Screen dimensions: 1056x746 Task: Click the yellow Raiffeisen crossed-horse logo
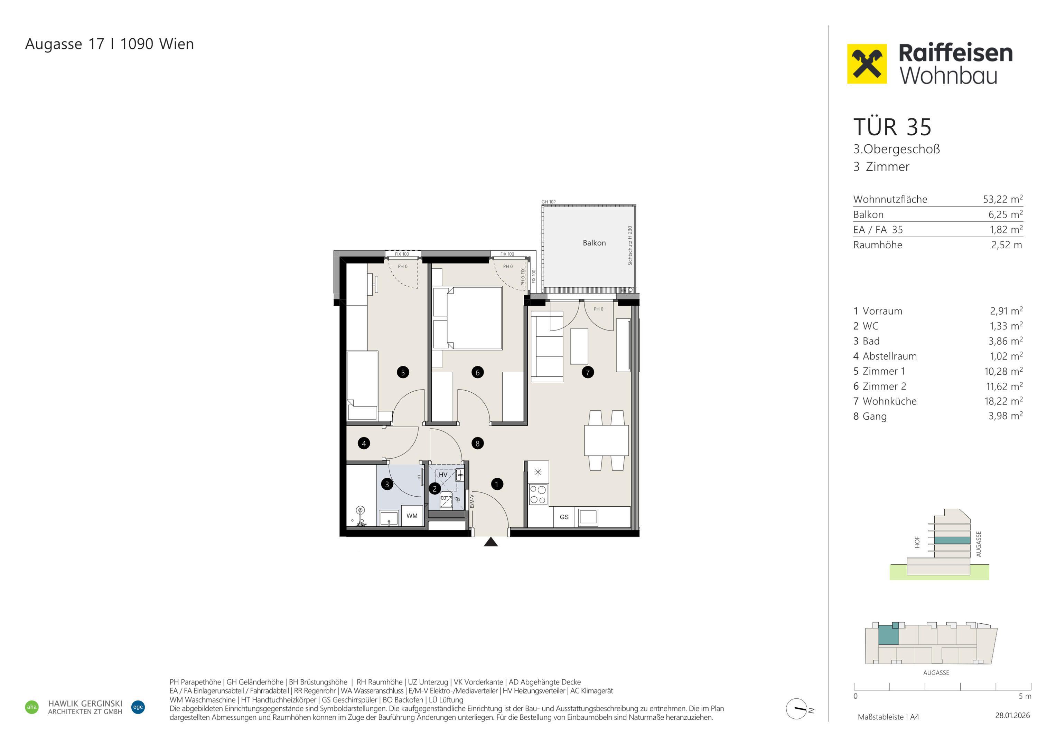click(867, 64)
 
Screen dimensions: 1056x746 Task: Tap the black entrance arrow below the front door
click(491, 542)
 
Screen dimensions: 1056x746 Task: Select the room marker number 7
click(587, 372)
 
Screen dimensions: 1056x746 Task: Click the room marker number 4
click(364, 443)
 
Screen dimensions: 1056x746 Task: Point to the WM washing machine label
click(412, 516)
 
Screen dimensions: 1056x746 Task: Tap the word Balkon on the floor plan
click(594, 243)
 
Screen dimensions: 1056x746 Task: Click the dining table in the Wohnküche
click(606, 440)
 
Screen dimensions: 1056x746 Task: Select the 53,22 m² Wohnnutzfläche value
click(1003, 199)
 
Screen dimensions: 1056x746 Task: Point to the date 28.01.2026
click(1013, 716)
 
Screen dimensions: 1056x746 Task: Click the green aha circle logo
click(32, 707)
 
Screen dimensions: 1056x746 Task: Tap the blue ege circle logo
click(138, 707)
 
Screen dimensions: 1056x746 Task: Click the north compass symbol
click(797, 709)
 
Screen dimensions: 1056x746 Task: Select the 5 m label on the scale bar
click(1025, 696)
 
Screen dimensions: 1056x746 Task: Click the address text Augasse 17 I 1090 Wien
click(110, 44)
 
